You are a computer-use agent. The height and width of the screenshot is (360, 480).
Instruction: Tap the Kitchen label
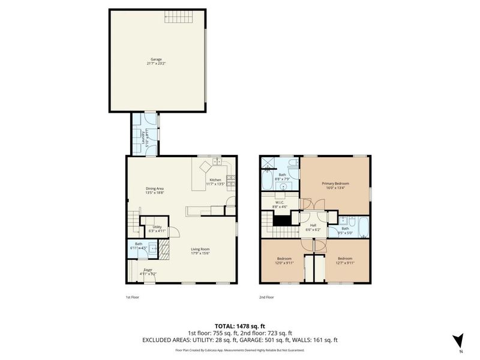tap(215, 180)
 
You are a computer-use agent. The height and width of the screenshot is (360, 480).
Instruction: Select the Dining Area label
tap(155, 189)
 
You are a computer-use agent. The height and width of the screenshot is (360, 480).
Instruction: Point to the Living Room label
tap(200, 249)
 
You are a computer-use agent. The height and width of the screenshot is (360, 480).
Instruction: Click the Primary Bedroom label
tap(335, 183)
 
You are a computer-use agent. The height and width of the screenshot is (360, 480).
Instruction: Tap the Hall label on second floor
tap(313, 226)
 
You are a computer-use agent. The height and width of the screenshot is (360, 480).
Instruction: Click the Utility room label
tap(157, 226)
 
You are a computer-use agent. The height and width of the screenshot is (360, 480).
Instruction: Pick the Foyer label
tap(148, 270)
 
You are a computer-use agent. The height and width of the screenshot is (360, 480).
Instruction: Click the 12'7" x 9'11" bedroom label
tap(346, 262)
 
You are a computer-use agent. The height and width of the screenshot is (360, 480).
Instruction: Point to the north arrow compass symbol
tap(458, 340)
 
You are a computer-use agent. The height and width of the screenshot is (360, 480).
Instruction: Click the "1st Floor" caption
tap(132, 296)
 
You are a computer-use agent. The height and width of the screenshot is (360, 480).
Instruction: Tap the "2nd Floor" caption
tap(266, 296)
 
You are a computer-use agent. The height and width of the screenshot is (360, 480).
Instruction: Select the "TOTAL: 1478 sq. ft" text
tap(239, 326)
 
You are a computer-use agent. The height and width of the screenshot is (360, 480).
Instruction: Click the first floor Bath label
tap(139, 244)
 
